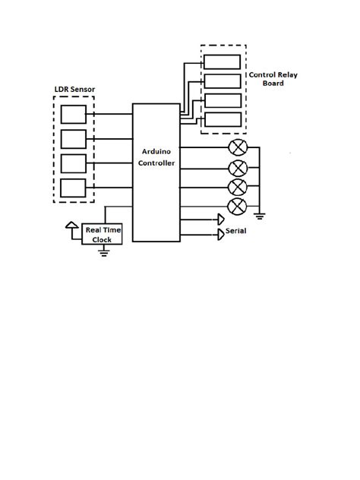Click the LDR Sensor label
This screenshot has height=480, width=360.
pos(73,90)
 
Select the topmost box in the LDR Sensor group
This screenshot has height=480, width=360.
pos(74,115)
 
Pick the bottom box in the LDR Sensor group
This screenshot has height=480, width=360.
pos(74,188)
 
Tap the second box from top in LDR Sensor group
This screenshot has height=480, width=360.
pos(74,139)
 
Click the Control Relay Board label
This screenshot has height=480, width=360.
pos(267,79)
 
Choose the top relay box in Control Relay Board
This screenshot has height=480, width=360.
pos(222,62)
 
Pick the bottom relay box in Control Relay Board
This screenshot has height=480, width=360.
pos(222,119)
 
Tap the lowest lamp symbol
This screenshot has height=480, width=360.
pos(238,205)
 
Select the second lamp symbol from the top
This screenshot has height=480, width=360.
pos(238,167)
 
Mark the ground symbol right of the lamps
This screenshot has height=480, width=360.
pos(259,216)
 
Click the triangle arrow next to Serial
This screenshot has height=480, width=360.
pos(221,233)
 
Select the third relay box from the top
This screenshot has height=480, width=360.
pos(222,100)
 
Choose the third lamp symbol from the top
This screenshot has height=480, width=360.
pos(238,186)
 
